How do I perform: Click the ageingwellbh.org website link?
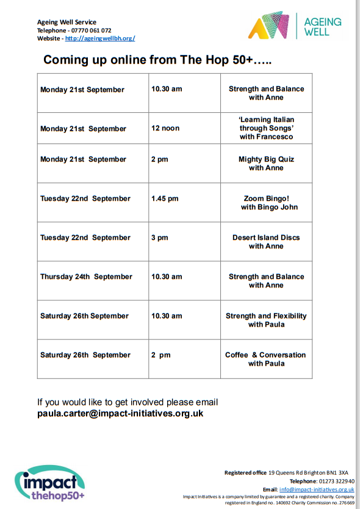pos(100,38)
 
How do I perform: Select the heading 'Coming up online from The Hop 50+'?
pos(157,60)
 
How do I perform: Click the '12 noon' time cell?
pos(165,128)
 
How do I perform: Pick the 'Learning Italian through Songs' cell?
pos(266,128)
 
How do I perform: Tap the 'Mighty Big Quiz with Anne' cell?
pos(266,164)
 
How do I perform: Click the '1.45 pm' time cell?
pos(165,198)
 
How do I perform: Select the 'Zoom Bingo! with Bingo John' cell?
pos(266,203)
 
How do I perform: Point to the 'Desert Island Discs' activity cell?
pos(266,242)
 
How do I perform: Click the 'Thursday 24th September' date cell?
pos(86,276)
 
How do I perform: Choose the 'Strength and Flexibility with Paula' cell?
pos(266,320)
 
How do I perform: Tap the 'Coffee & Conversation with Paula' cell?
pos(266,359)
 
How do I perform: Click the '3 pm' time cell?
pos(159,237)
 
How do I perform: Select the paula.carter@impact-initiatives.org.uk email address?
pos(120,413)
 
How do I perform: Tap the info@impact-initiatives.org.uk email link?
pos(317,489)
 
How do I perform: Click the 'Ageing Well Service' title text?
pos(67,23)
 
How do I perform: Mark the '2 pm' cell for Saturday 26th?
pos(161,355)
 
